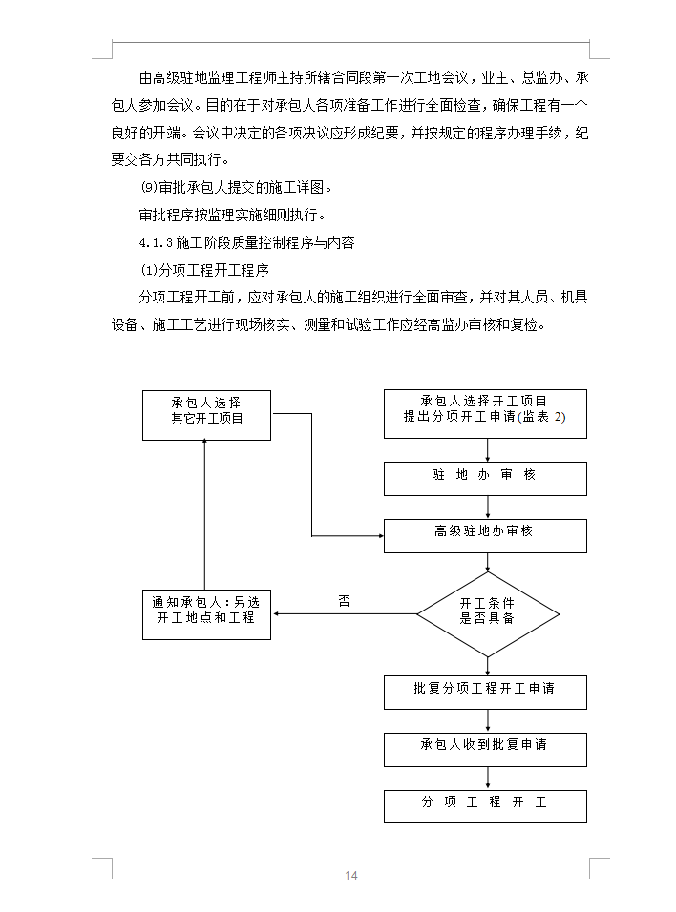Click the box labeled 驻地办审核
tap(485, 479)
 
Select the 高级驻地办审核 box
tap(485, 536)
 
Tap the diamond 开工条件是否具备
tap(488, 614)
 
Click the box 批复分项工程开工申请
tap(485, 693)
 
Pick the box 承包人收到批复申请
tap(485, 749)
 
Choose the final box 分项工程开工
tap(485, 806)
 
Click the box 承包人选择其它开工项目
tap(206, 415)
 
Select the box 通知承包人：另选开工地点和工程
tap(206, 614)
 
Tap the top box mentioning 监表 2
tap(485, 413)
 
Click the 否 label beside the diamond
tap(344, 601)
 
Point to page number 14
tap(351, 876)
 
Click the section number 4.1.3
tap(156, 242)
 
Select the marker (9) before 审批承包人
tap(149, 187)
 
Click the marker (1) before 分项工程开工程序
tap(149, 271)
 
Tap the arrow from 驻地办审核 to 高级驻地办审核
tap(488, 508)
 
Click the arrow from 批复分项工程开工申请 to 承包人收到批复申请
tap(488, 720)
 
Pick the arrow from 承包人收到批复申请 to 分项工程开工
tap(488, 777)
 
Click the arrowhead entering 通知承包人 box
tap(276, 614)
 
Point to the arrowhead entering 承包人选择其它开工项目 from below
tap(204, 444)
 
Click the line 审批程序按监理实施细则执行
tap(232, 216)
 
